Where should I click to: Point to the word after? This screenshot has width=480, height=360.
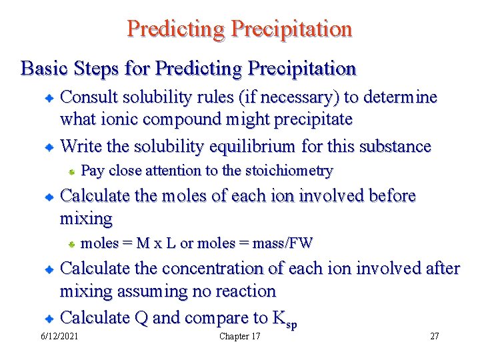click(441, 268)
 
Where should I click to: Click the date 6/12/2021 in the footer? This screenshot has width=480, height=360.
click(59, 336)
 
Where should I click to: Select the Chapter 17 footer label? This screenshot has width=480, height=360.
click(240, 336)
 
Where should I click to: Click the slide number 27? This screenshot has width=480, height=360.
click(435, 336)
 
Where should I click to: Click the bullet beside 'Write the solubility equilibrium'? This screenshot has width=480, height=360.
click(49, 147)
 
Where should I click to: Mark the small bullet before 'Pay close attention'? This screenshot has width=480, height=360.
click(71, 172)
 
